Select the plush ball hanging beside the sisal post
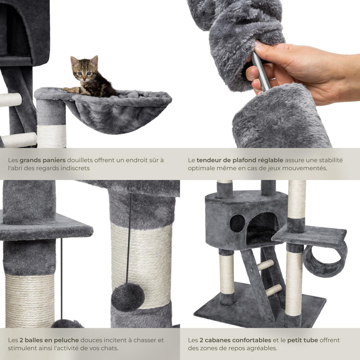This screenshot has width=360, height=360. (x=128, y=297)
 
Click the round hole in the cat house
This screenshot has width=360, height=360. (x=237, y=223)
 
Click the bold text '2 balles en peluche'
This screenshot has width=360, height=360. (x=49, y=340)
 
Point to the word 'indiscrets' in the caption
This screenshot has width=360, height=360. (x=76, y=168)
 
